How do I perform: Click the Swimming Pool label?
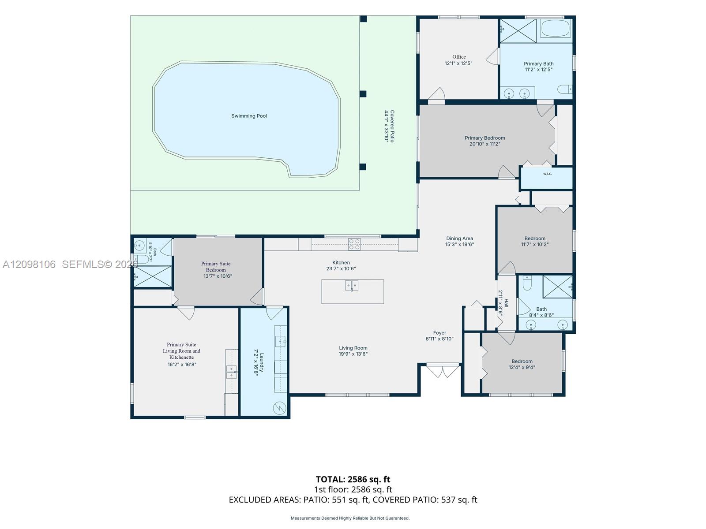click(x=249, y=116)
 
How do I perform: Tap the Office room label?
click(x=458, y=57)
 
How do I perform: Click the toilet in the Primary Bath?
click(x=564, y=89)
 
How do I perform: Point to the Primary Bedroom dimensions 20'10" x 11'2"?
click(x=484, y=144)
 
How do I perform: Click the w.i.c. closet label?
click(x=547, y=174)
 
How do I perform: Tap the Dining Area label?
click(x=459, y=238)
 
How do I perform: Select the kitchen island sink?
click(x=352, y=285)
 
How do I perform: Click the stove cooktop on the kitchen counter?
click(x=354, y=244)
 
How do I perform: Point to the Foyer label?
click(x=439, y=333)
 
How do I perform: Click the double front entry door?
click(x=443, y=371)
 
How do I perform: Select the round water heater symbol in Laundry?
click(x=279, y=408)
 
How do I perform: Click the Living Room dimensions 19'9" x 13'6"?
click(x=353, y=354)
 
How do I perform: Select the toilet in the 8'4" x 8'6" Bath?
click(x=527, y=282)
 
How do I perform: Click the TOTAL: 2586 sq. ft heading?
click(x=353, y=479)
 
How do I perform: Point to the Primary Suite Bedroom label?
click(x=216, y=267)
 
